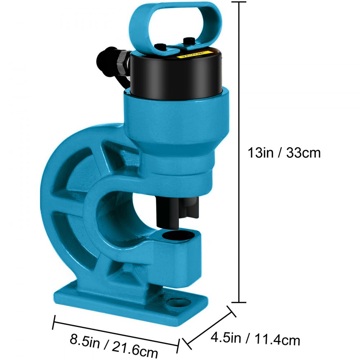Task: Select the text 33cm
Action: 303,153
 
